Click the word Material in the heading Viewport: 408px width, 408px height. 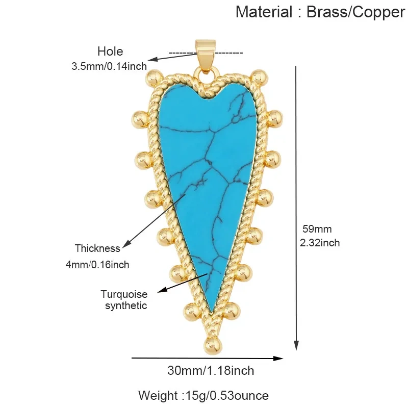pyautogui.click(x=264, y=12)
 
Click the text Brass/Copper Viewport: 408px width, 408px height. pyautogui.click(x=355, y=12)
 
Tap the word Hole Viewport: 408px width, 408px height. pyautogui.click(x=110, y=52)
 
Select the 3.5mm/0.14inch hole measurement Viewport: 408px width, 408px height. pyautogui.click(x=109, y=66)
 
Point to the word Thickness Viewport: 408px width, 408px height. pyautogui.click(x=97, y=248)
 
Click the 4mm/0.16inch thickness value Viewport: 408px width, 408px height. pyautogui.click(x=97, y=265)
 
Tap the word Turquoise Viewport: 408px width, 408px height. pyautogui.click(x=124, y=294)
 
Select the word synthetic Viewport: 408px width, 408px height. pyautogui.click(x=126, y=305)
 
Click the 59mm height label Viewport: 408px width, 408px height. pyautogui.click(x=317, y=229)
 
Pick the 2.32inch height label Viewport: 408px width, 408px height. pyautogui.click(x=320, y=243)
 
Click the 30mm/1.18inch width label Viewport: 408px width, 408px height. pyautogui.click(x=211, y=371)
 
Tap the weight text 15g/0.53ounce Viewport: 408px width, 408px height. pyautogui.click(x=226, y=396)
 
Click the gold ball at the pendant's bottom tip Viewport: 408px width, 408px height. pyautogui.click(x=214, y=346)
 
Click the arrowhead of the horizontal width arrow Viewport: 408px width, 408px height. pyautogui.click(x=278, y=359)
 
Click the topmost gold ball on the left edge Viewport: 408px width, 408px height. pyautogui.click(x=154, y=78)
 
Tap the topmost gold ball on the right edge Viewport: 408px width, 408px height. pyautogui.click(x=259, y=78)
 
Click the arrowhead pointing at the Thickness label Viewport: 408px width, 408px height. pyautogui.click(x=126, y=244)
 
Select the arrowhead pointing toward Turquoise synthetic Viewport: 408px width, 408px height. pyautogui.click(x=162, y=290)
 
